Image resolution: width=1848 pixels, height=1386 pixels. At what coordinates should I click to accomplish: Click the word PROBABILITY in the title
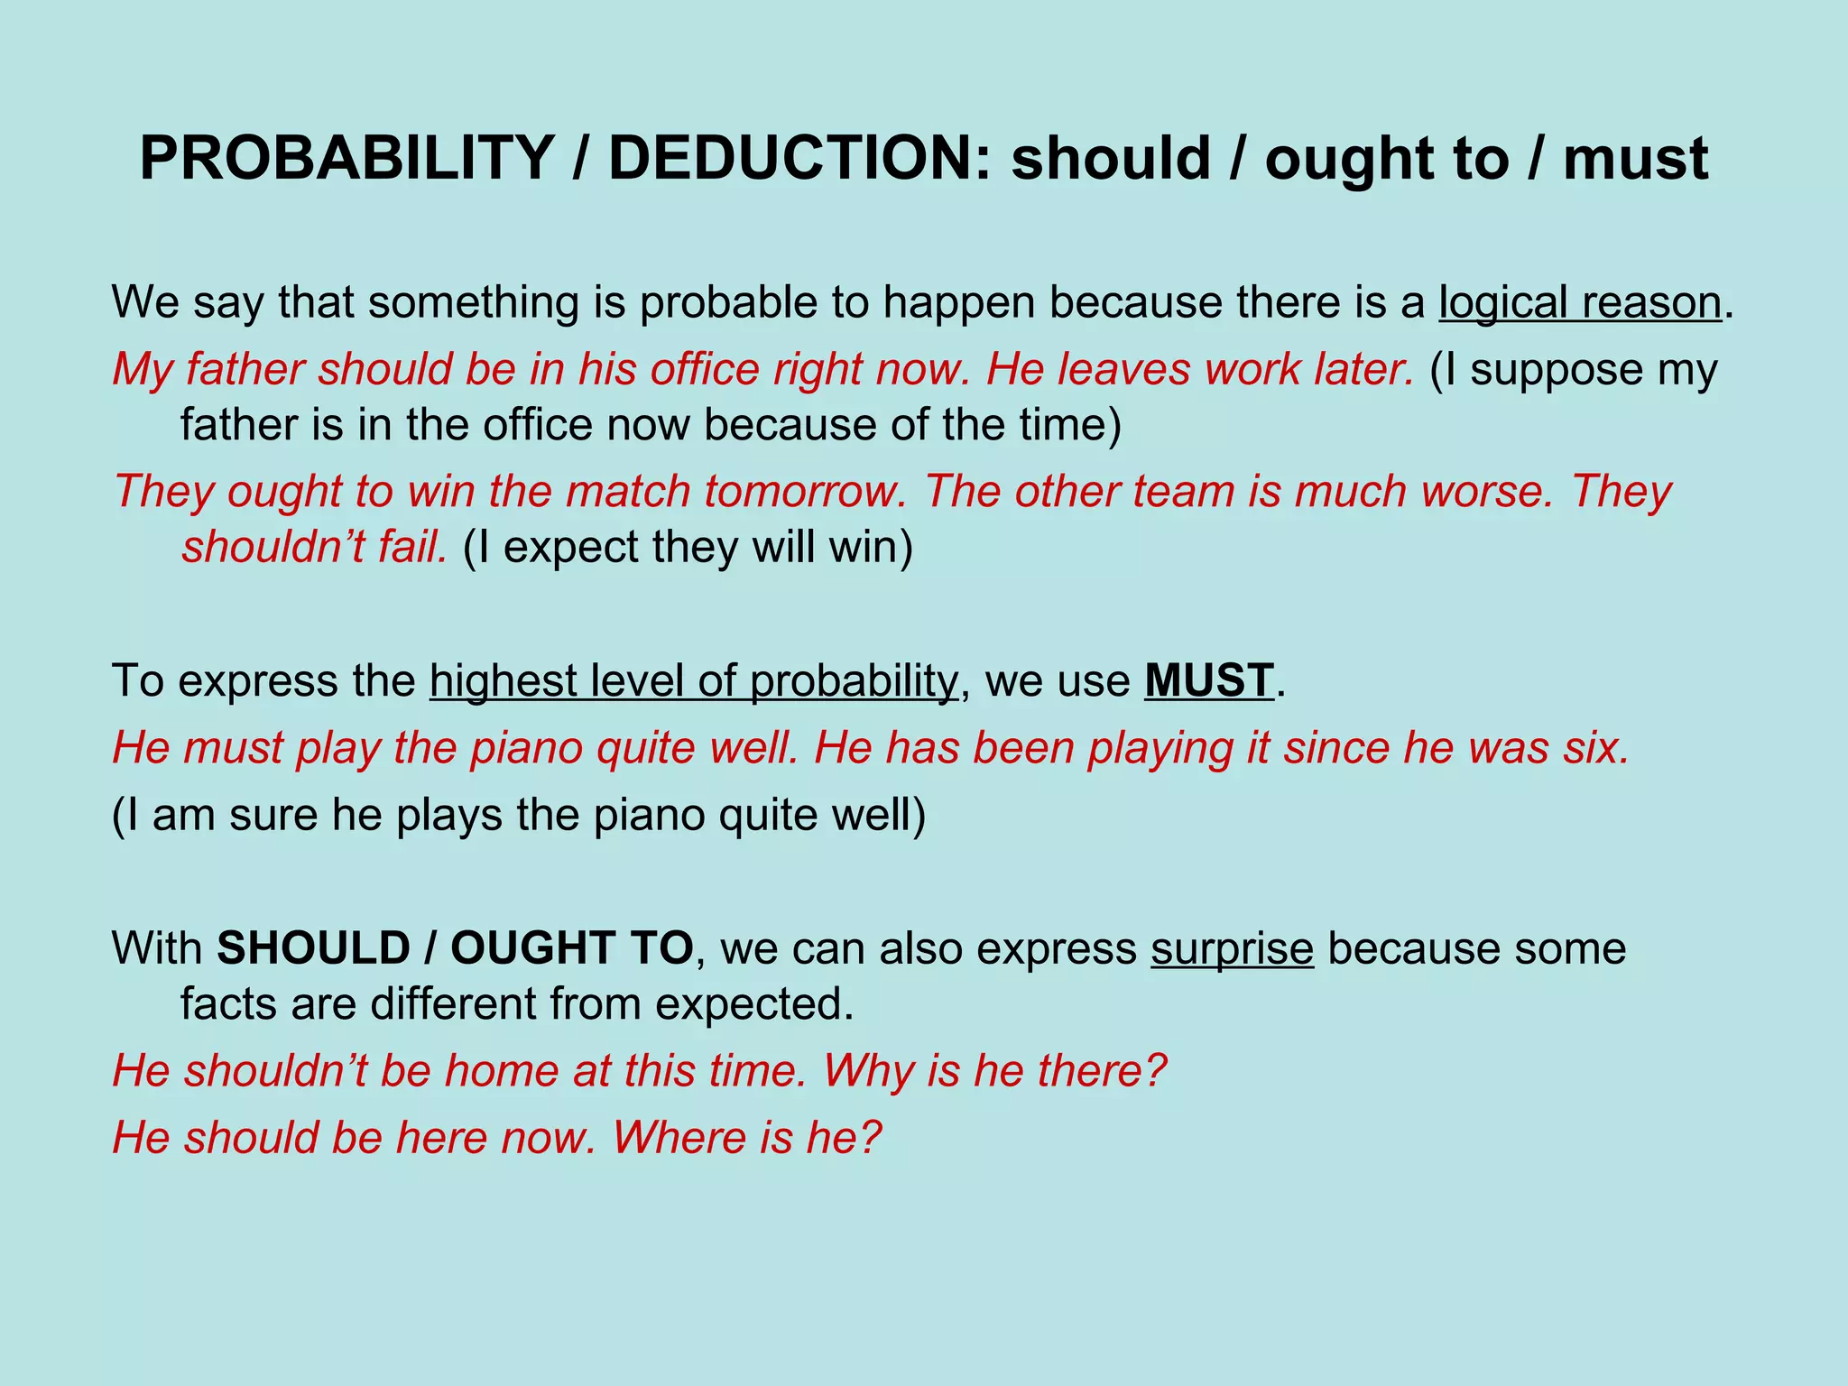tap(346, 158)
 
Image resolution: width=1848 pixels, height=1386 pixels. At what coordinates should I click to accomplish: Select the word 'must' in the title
tap(1635, 158)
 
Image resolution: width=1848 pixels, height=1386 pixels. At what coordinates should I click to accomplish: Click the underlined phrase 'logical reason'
tap(1580, 302)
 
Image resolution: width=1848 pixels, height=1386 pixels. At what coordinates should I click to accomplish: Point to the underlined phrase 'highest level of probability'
tap(693, 680)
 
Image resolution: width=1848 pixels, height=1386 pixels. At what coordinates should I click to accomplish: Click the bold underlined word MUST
tap(1209, 680)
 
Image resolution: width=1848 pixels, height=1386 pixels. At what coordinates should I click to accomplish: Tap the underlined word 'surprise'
tap(1232, 948)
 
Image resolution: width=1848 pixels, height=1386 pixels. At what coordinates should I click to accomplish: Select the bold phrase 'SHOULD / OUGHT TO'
tap(455, 948)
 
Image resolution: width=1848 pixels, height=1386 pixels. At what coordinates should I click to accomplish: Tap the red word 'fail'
tap(412, 547)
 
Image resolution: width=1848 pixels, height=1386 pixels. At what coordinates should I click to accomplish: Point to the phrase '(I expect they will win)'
tap(688, 547)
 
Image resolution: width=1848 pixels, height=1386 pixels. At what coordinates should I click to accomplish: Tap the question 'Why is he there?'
tap(994, 1071)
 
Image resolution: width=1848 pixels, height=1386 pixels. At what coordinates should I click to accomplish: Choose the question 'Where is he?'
tap(746, 1138)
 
